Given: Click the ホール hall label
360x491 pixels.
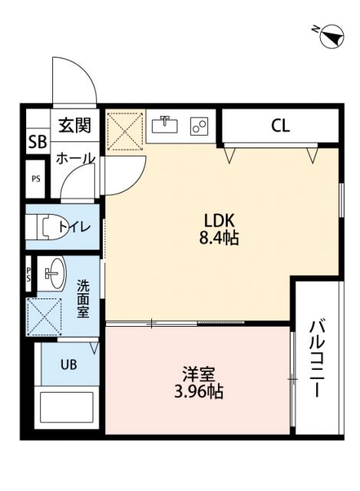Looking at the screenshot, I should [x=74, y=159].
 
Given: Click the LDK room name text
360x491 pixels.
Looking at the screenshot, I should [x=219, y=218].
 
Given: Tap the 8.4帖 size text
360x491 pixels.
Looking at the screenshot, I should [x=219, y=238].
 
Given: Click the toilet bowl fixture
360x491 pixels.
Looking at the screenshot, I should [x=48, y=227].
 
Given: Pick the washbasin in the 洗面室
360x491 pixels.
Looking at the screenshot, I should [x=54, y=272].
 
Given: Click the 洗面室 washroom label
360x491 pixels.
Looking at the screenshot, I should [x=82, y=298].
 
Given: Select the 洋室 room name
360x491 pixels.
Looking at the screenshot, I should [x=198, y=374].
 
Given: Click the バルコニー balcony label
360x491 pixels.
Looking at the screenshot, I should [x=315, y=357].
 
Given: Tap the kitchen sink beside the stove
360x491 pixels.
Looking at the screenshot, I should [x=164, y=125].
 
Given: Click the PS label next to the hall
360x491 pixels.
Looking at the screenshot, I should [x=36, y=180].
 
